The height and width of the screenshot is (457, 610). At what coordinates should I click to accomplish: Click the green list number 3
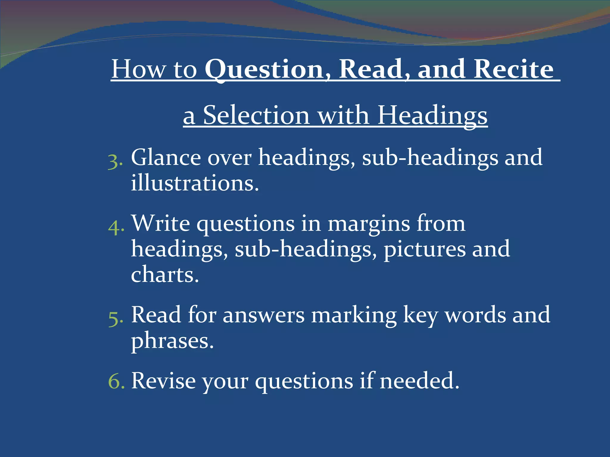coord(114,162)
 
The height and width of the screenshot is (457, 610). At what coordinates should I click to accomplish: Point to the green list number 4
coord(115,228)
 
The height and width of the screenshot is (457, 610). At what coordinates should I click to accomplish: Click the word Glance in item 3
coord(166,157)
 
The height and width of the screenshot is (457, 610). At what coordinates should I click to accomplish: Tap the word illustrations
coord(195,183)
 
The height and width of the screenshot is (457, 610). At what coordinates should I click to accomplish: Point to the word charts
coord(165,275)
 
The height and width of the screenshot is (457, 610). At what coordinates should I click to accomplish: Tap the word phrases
coord(172,341)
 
